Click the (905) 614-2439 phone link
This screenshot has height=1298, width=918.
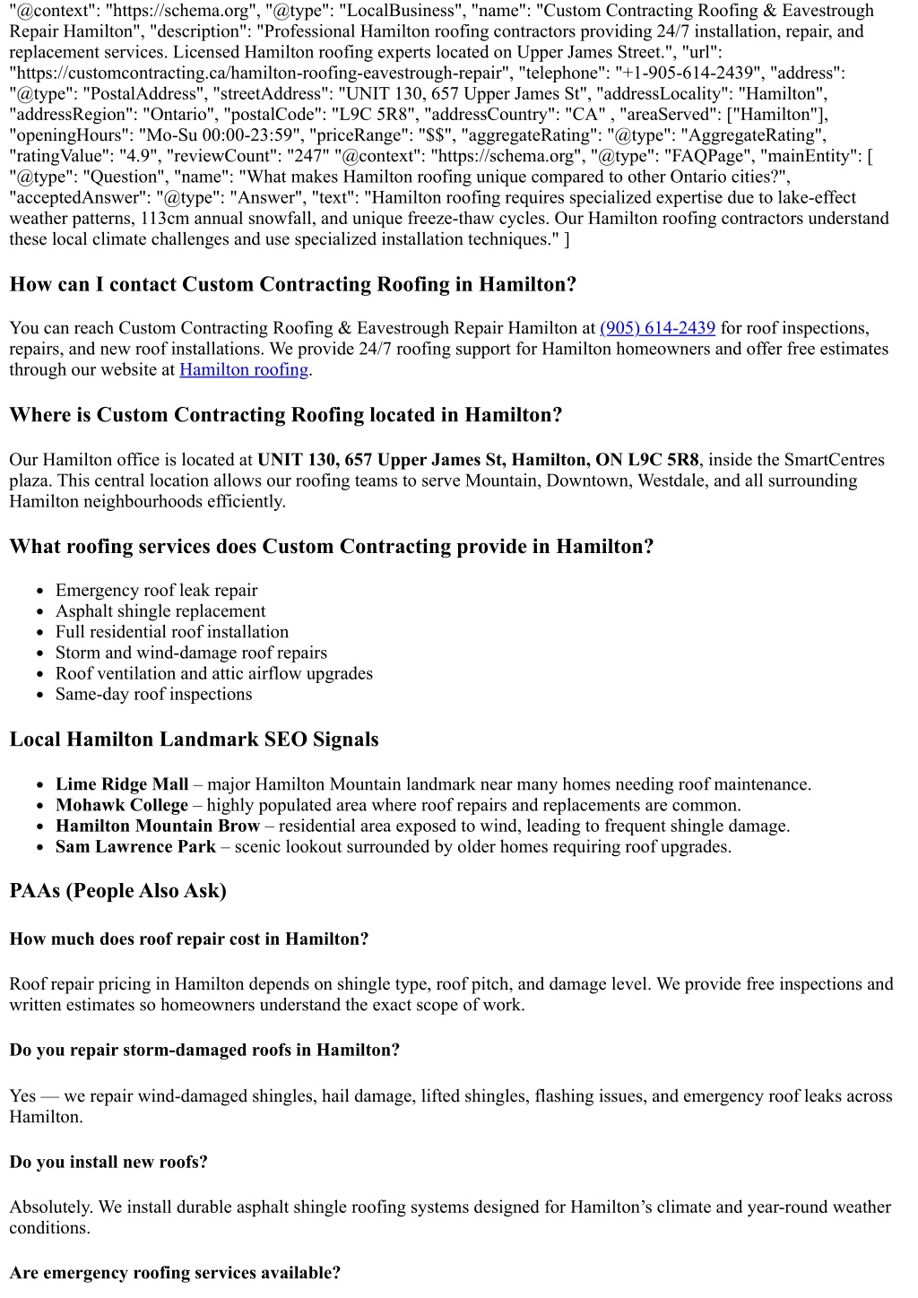click(657, 328)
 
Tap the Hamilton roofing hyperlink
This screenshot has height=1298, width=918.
click(244, 369)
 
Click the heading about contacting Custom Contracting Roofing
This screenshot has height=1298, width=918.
click(293, 285)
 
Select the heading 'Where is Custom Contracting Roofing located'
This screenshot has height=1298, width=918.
click(286, 415)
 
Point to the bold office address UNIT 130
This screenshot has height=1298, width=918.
click(478, 460)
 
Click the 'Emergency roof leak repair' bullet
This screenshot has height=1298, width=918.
click(157, 591)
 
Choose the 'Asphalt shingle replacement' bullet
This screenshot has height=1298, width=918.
click(160, 611)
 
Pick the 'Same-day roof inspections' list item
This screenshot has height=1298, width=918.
click(154, 695)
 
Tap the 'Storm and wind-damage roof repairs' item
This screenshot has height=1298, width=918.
click(191, 653)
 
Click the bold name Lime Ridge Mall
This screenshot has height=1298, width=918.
click(122, 784)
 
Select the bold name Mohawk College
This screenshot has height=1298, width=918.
click(122, 805)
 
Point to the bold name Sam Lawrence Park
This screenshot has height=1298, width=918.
click(135, 847)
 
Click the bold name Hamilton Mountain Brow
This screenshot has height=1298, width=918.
click(158, 826)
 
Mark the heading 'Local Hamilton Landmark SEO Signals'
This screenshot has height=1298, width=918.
click(194, 740)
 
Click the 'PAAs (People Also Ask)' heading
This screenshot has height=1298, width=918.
click(117, 891)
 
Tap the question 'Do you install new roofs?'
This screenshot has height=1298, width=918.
click(108, 1163)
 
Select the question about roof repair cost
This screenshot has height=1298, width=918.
click(189, 939)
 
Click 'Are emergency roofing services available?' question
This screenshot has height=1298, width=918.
click(175, 1273)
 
